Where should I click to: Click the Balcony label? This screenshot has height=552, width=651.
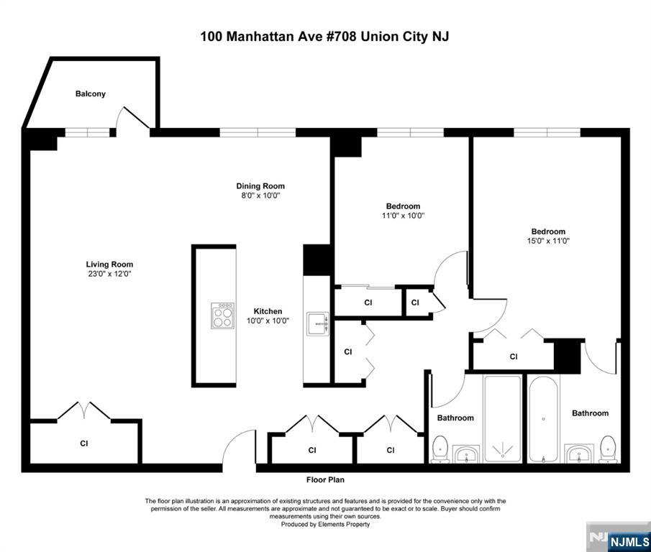[x=91, y=93]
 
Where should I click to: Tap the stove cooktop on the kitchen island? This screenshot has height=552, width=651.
[x=222, y=316]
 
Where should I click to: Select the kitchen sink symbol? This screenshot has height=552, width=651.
[x=318, y=323]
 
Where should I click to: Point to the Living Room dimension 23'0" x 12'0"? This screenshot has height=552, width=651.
[x=109, y=274]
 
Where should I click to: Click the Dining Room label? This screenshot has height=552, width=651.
[x=260, y=186]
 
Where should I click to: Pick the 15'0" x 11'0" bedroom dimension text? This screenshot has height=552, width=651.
[x=548, y=241]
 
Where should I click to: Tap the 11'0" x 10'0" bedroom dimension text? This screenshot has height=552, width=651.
[x=403, y=215]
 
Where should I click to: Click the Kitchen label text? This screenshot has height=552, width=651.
[x=268, y=311]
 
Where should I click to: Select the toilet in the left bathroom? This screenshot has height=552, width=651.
[x=440, y=449]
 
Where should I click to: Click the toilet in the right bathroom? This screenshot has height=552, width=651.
[x=609, y=449]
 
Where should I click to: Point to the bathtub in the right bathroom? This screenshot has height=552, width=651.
[x=544, y=418]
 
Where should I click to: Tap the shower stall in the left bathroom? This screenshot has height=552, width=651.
[x=503, y=418]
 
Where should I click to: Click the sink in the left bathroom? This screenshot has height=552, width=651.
[x=466, y=454]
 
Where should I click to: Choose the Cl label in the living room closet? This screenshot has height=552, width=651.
[x=84, y=443]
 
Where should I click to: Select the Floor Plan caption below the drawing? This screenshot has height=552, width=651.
[x=325, y=479]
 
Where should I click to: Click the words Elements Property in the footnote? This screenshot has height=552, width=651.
[x=344, y=524]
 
